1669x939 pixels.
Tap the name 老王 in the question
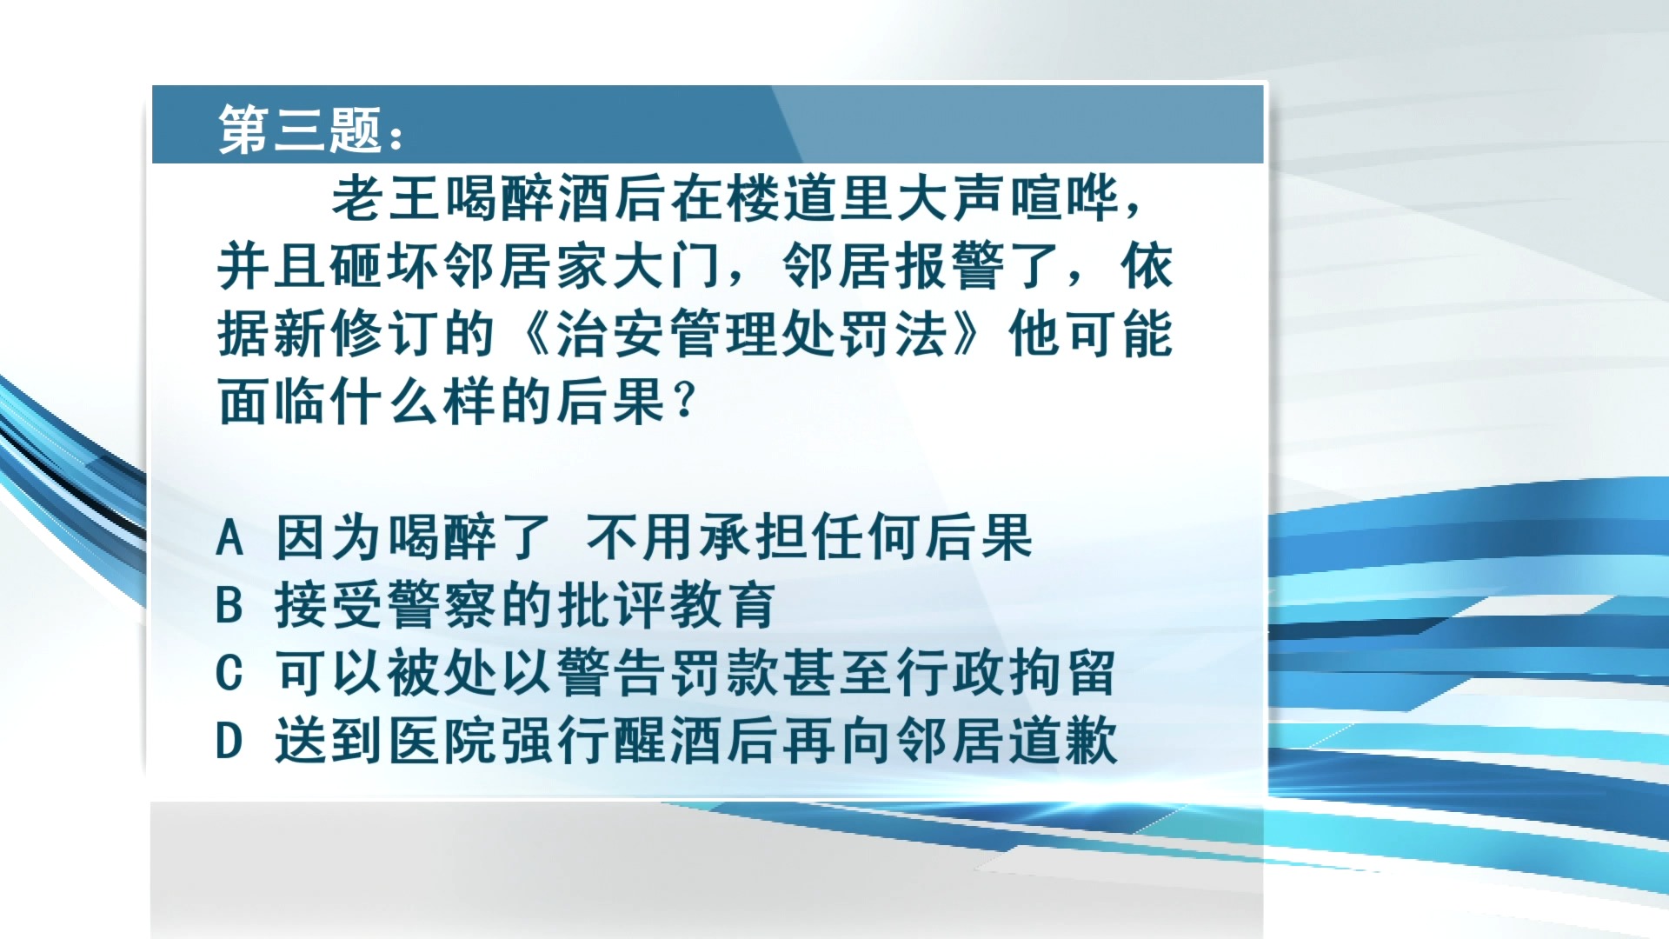pyautogui.click(x=386, y=198)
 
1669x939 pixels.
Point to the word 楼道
pyautogui.click(x=783, y=198)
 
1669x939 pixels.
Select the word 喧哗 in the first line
pyautogui.click(x=1066, y=198)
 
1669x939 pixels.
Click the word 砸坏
pyautogui.click(x=386, y=266)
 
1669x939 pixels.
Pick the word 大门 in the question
pyautogui.click(x=668, y=266)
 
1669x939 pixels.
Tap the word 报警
pyautogui.click(x=951, y=266)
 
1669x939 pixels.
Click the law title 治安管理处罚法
pyautogui.click(x=753, y=334)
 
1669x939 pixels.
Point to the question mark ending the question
pyautogui.click(x=685, y=402)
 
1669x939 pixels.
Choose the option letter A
pyautogui.click(x=229, y=537)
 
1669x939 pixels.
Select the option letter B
pyautogui.click(x=229, y=605)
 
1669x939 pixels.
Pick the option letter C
pyautogui.click(x=229, y=673)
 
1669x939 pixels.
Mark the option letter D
pyautogui.click(x=229, y=741)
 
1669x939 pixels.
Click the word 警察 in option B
pyautogui.click(x=442, y=605)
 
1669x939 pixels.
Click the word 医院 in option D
pyautogui.click(x=442, y=741)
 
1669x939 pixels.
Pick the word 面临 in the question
pyautogui.click(x=273, y=402)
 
